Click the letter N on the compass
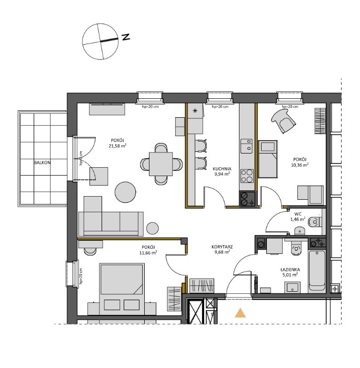(x=125, y=37)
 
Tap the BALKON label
(x=42, y=163)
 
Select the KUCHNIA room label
(x=222, y=169)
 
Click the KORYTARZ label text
(x=223, y=246)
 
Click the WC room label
(x=298, y=214)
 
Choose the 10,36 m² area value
(x=299, y=165)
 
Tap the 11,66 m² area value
(x=148, y=252)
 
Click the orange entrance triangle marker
(x=241, y=313)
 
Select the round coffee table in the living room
(x=126, y=192)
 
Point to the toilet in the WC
(x=314, y=222)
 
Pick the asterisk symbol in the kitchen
(x=195, y=111)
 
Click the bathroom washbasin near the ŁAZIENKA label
(x=292, y=287)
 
